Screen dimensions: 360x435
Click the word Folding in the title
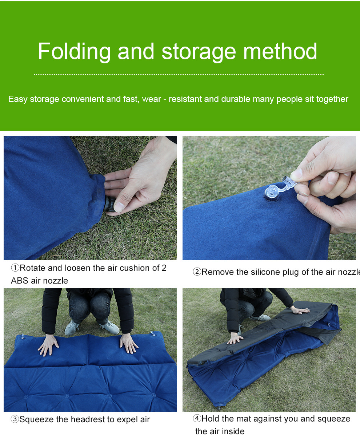[74, 52]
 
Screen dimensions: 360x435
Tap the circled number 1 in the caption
[15, 268]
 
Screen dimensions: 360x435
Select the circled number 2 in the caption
[197, 272]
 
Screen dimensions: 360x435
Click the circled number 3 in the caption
[15, 419]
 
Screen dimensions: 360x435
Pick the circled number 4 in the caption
[197, 418]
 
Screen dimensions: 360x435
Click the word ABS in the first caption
[20, 281]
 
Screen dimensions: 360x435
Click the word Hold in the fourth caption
[211, 418]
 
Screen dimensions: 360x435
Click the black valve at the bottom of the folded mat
[219, 408]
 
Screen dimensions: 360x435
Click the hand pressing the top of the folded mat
[300, 311]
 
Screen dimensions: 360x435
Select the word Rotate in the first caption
[33, 268]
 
